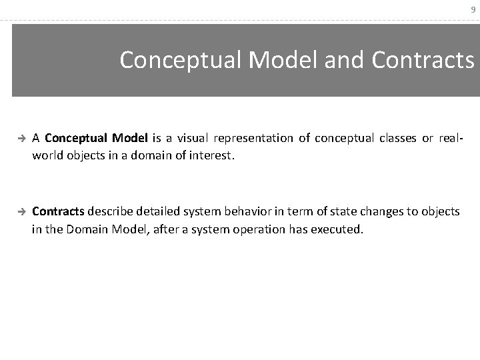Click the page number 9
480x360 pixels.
[473, 10]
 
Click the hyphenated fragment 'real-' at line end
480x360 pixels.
[451, 138]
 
